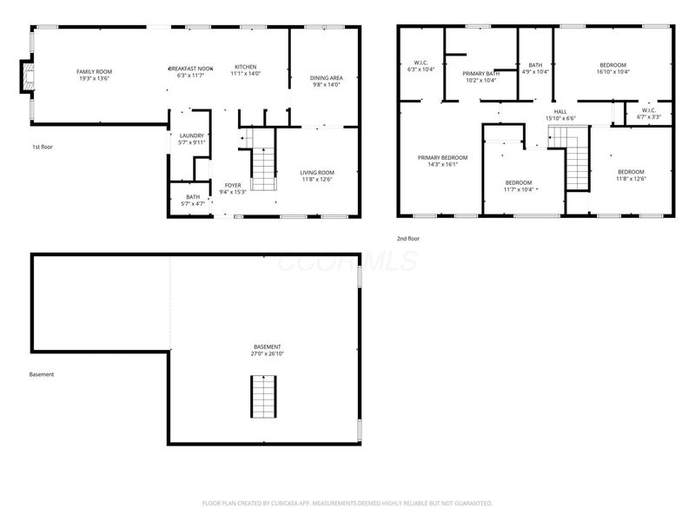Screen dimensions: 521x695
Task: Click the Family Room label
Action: tap(94, 72)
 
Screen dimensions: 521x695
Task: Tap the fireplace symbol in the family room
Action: tap(28, 76)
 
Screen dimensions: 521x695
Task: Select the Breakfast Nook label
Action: tap(190, 68)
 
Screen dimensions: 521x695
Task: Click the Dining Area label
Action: tap(326, 78)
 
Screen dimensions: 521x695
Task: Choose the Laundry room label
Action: tap(191, 135)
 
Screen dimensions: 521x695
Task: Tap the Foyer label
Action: tap(233, 185)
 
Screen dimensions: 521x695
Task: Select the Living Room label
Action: tap(317, 173)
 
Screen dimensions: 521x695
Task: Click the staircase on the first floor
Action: tap(263, 168)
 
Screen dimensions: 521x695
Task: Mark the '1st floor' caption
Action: tap(42, 148)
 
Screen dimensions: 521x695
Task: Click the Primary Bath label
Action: tap(480, 74)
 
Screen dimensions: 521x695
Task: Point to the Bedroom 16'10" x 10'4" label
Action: tap(612, 65)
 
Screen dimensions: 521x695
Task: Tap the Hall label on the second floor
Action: tap(560, 111)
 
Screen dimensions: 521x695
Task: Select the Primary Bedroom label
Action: tap(442, 158)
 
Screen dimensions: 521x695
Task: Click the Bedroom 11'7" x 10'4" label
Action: tap(519, 182)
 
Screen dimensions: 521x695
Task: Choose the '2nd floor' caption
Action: tap(408, 238)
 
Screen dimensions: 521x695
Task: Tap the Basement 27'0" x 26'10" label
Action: tap(267, 346)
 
